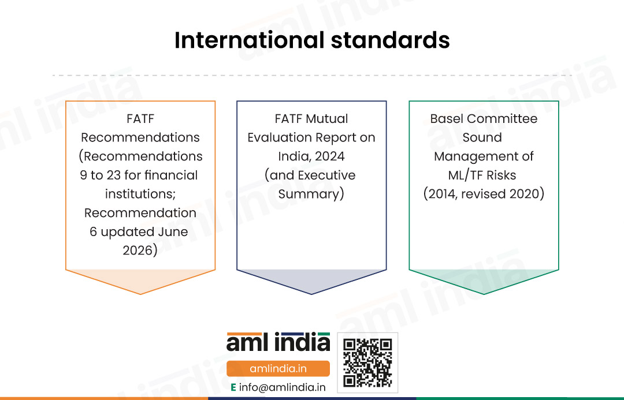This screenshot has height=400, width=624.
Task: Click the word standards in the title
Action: pos(391,40)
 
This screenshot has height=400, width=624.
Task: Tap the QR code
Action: pos(367,362)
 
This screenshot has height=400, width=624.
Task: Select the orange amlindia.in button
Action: pos(278,369)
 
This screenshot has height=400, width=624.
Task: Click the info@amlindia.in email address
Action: pos(282,387)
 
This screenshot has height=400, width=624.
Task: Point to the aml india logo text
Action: pos(278,342)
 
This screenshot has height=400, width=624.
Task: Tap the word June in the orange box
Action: pos(173,231)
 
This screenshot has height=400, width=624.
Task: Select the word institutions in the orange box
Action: pos(139,193)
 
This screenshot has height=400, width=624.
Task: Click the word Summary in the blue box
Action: pos(309,193)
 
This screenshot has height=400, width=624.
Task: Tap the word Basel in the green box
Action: pos(447,118)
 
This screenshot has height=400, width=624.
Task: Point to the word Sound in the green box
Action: pos(482,137)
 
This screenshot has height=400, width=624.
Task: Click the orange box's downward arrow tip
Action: pos(140,294)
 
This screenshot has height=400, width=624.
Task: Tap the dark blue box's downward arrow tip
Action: pos(311,294)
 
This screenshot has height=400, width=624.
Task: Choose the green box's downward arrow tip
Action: pos(484,294)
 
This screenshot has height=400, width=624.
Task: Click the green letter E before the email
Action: pos(233,387)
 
